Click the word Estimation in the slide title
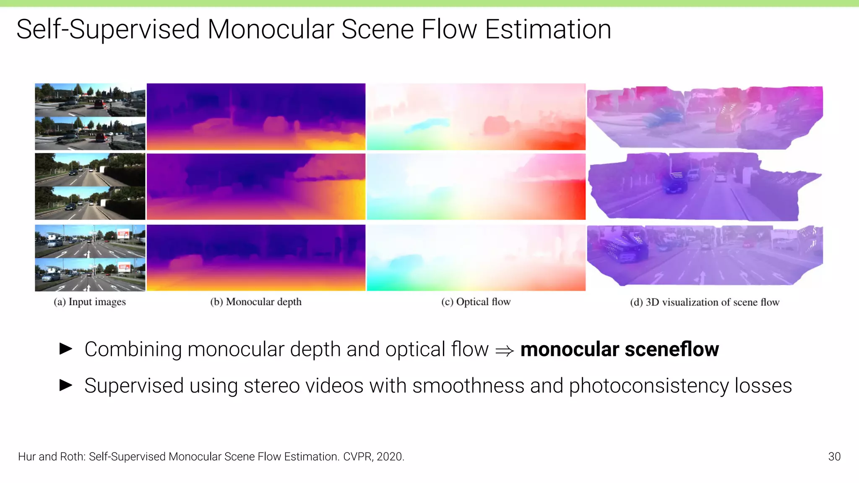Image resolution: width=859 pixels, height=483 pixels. pyautogui.click(x=548, y=29)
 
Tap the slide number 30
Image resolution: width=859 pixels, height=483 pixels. pyautogui.click(x=834, y=457)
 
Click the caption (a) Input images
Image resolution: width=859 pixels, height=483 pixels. pyautogui.click(x=90, y=302)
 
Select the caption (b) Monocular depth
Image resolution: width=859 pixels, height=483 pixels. pyautogui.click(x=256, y=302)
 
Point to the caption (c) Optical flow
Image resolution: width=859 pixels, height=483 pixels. pyautogui.click(x=476, y=302)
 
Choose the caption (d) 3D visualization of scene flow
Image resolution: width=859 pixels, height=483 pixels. pyautogui.click(x=705, y=302)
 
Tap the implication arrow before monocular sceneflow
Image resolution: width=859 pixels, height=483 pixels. pyautogui.click(x=504, y=351)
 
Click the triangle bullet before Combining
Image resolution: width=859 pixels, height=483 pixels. pyautogui.click(x=66, y=348)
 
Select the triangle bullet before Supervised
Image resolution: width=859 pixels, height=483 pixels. pyautogui.click(x=66, y=385)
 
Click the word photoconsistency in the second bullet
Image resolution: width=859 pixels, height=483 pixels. pyautogui.click(x=648, y=386)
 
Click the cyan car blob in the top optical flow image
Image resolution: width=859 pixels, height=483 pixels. pyautogui.click(x=428, y=125)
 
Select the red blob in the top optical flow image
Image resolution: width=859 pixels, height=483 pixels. pyautogui.click(x=497, y=125)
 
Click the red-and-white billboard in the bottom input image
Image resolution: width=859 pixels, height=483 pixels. pyautogui.click(x=124, y=267)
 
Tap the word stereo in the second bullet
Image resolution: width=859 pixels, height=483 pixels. pyautogui.click(x=271, y=386)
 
